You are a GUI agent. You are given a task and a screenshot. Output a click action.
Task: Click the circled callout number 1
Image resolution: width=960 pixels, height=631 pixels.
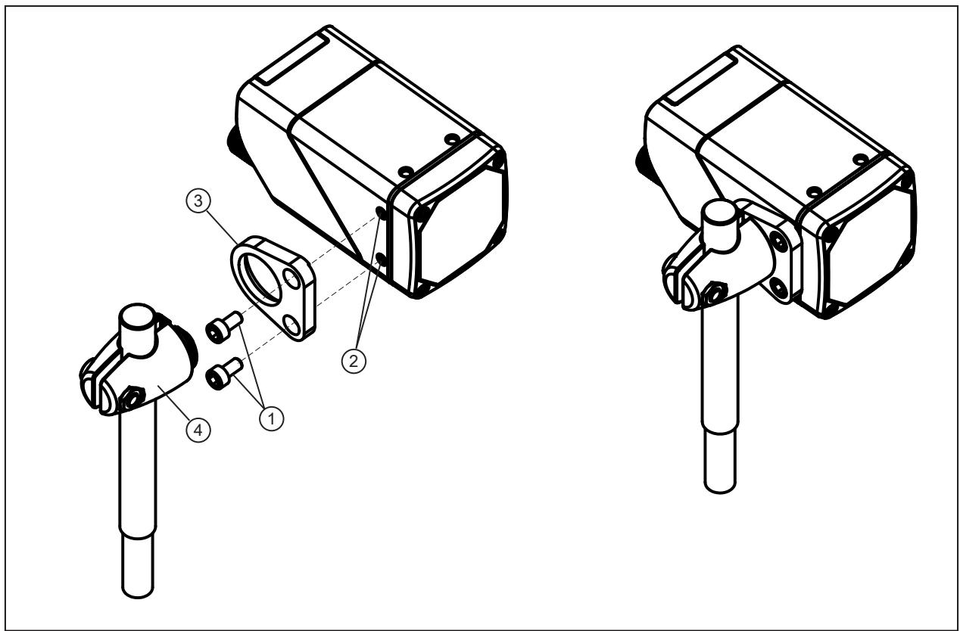(272, 418)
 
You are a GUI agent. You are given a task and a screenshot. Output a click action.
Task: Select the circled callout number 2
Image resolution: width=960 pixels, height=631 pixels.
(354, 361)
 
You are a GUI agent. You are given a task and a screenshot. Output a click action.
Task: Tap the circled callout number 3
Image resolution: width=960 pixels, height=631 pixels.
(198, 200)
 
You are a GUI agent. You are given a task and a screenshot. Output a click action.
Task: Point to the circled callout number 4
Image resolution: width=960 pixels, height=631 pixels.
(198, 430)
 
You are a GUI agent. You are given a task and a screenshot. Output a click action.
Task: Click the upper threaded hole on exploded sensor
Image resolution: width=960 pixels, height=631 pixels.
(380, 211)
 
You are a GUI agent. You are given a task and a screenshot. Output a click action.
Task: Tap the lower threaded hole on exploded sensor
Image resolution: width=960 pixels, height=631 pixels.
(380, 257)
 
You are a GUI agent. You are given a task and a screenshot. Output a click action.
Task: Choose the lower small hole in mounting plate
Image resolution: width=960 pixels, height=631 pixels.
(293, 325)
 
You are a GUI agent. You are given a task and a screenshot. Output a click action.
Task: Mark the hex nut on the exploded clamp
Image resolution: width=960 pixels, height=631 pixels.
(130, 399)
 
